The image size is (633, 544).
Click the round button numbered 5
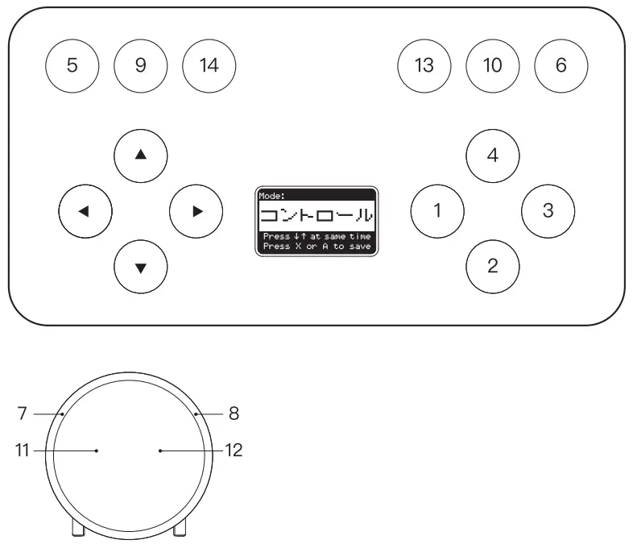(72, 65)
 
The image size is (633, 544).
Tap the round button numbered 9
(141, 65)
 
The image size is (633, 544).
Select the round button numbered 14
(209, 65)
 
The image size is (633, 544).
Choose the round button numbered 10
(492, 65)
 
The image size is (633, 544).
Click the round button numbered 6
(561, 65)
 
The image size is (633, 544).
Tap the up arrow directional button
(141, 155)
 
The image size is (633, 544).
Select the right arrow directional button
(197, 212)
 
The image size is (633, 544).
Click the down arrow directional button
(141, 268)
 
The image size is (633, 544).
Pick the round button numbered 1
(437, 212)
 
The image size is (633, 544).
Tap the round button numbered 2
(493, 265)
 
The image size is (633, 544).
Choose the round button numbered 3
(548, 212)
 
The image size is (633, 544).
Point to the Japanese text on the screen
(316, 216)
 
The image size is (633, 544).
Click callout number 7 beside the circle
(22, 413)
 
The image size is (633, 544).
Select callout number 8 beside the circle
(234, 413)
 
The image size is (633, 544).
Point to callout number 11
(22, 451)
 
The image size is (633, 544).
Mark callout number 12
(234, 451)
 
